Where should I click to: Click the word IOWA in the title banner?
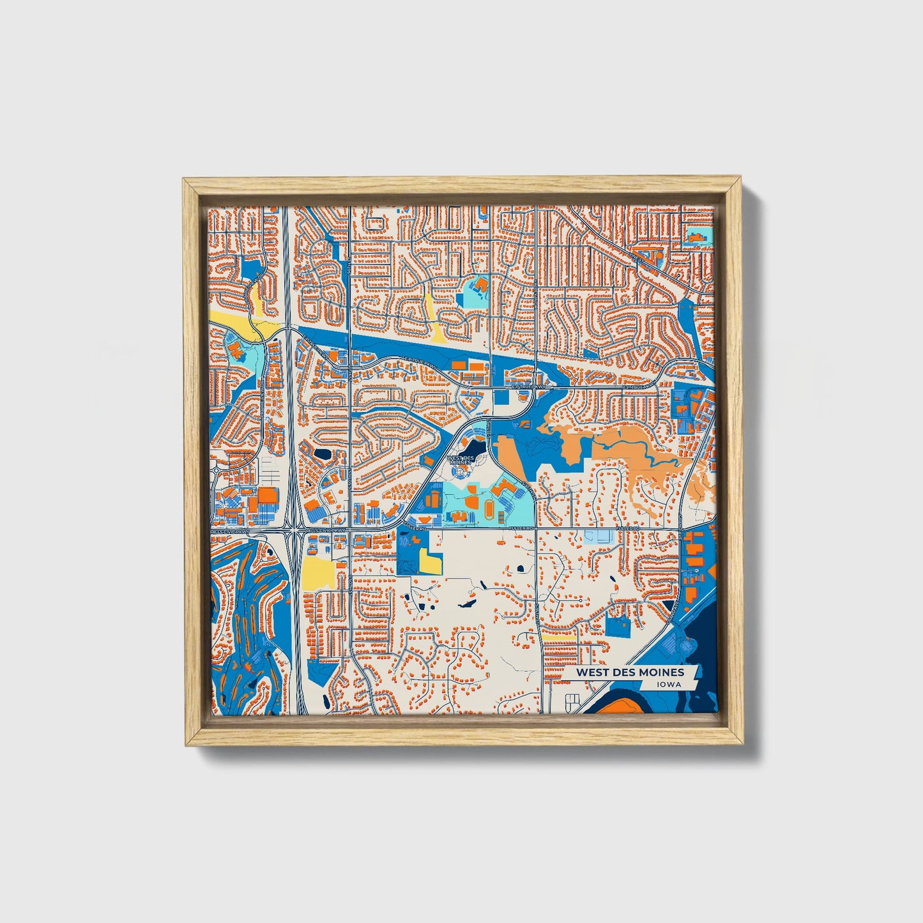click(667, 684)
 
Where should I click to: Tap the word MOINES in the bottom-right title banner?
click(661, 672)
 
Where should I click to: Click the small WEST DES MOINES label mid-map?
click(461, 460)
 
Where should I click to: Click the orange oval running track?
click(489, 509)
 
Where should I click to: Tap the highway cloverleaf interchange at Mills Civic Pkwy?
click(293, 530)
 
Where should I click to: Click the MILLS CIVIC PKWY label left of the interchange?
click(230, 531)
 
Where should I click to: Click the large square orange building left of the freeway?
click(268, 497)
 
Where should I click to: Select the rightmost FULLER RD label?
click(628, 530)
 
